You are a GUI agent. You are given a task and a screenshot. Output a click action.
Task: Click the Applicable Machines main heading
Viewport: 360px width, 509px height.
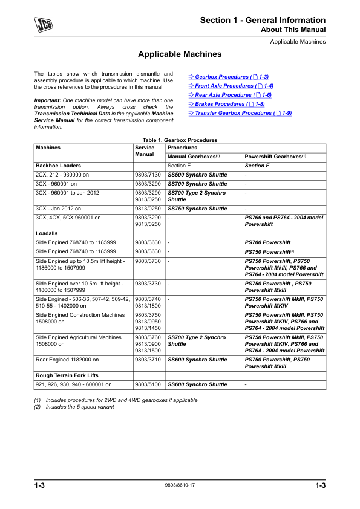point(180,54)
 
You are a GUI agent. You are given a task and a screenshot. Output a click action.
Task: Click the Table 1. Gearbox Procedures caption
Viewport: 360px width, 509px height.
point(180,140)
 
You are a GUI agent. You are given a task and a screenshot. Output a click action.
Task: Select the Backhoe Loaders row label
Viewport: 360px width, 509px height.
point(59,165)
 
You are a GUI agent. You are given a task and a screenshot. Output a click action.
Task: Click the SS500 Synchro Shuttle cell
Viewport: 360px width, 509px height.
point(197,174)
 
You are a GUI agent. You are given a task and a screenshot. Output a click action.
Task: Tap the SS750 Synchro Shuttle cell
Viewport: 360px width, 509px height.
point(197,209)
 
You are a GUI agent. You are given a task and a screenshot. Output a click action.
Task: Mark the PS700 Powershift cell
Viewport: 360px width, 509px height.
point(267,242)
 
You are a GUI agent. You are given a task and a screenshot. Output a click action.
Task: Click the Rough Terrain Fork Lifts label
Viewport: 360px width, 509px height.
point(67,375)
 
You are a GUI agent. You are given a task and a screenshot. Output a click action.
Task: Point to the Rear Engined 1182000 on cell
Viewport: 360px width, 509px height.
point(67,359)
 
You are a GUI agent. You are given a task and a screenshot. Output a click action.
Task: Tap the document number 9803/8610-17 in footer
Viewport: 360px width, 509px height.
point(180,485)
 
